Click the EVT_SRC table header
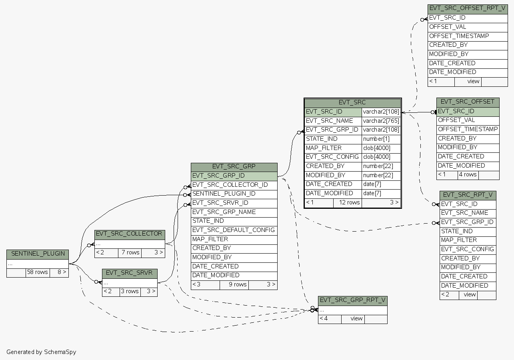352,102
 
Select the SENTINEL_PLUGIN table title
38,254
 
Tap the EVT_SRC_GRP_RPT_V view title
352,300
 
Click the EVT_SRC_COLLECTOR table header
129,234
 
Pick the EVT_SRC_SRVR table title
129,273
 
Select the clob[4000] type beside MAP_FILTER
381,148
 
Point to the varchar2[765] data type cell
381,121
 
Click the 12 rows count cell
347,203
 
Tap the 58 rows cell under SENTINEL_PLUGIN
37,272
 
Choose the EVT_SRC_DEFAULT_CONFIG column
234,230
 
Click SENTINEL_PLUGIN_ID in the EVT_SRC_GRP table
224,194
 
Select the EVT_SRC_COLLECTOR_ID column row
230,185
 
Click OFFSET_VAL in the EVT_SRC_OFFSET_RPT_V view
448,27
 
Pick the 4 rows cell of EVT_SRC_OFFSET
468,175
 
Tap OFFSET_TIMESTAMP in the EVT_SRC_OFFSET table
468,129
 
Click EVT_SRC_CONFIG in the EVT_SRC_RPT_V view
467,249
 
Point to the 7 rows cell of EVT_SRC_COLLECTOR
130,253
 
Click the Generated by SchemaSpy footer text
41,352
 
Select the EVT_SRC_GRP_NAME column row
224,212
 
